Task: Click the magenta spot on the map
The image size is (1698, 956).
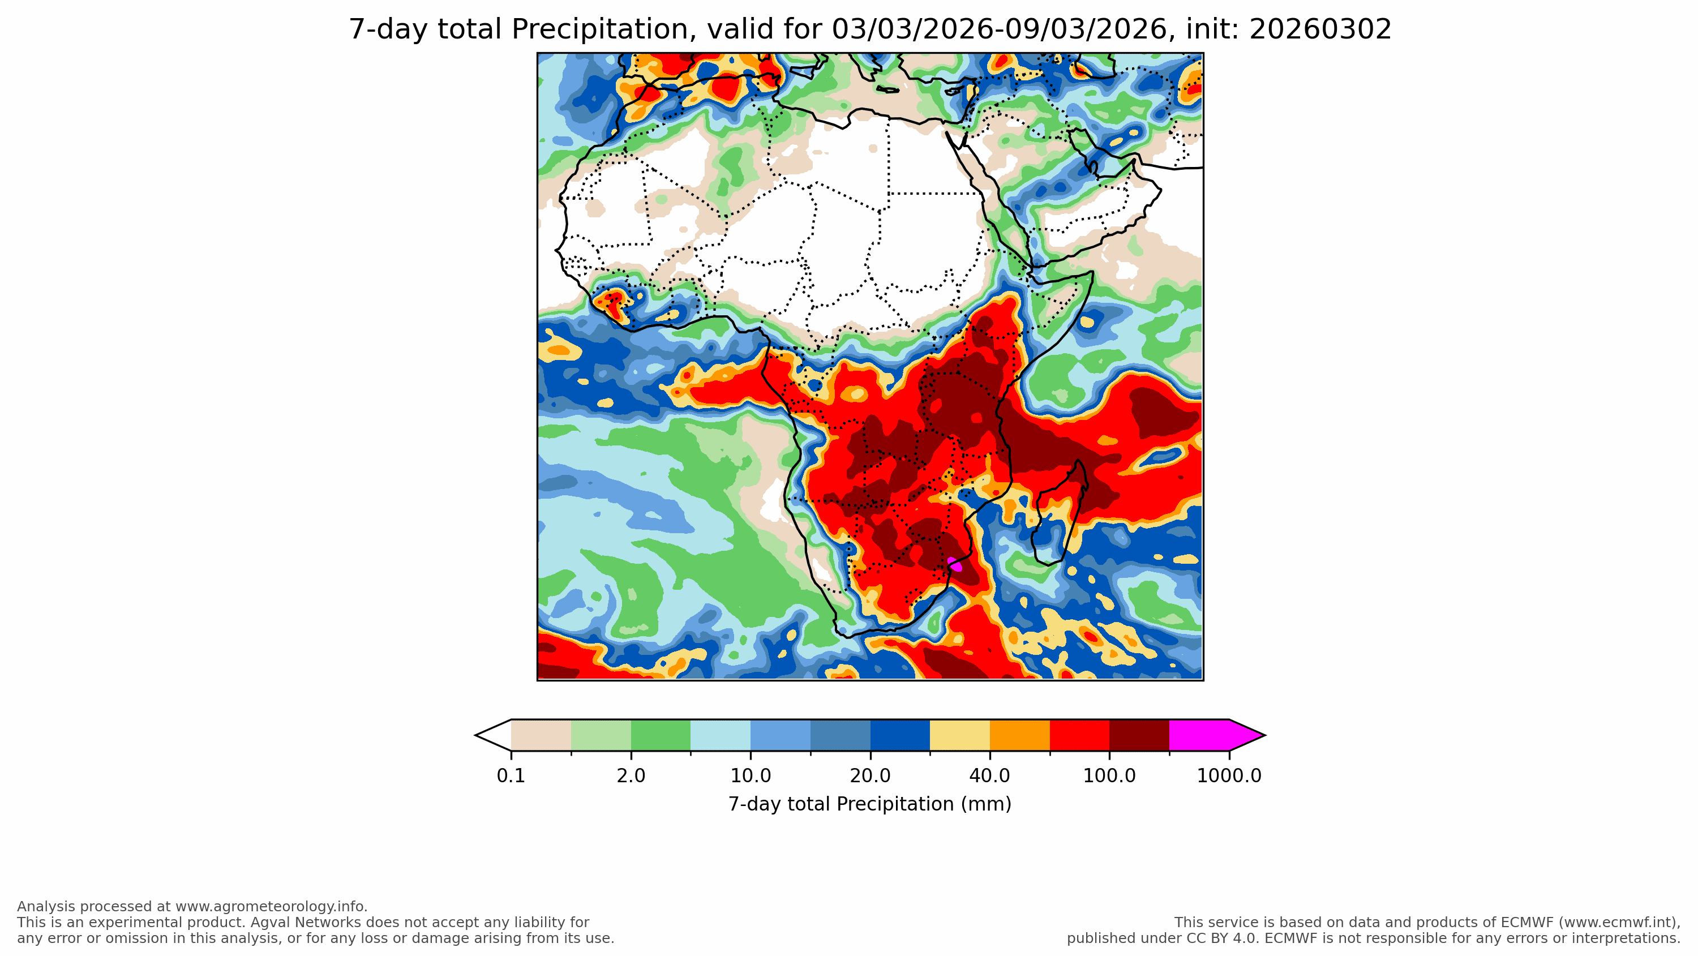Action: click(954, 565)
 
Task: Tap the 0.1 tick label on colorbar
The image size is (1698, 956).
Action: click(511, 776)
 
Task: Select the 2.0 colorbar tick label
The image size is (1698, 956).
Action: click(631, 776)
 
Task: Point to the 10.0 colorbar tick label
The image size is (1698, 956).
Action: click(750, 776)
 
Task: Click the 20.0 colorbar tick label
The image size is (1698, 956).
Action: click(870, 776)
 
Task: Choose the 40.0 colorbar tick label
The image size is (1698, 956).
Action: click(989, 776)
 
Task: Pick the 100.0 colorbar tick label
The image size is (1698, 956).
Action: click(1109, 776)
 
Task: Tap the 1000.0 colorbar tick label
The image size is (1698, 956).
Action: click(1229, 776)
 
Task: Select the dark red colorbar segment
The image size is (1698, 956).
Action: click(1139, 735)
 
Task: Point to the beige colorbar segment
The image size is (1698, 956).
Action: click(541, 735)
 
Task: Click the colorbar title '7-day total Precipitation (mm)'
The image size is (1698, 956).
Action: click(869, 804)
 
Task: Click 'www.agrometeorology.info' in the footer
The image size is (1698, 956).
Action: click(270, 907)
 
